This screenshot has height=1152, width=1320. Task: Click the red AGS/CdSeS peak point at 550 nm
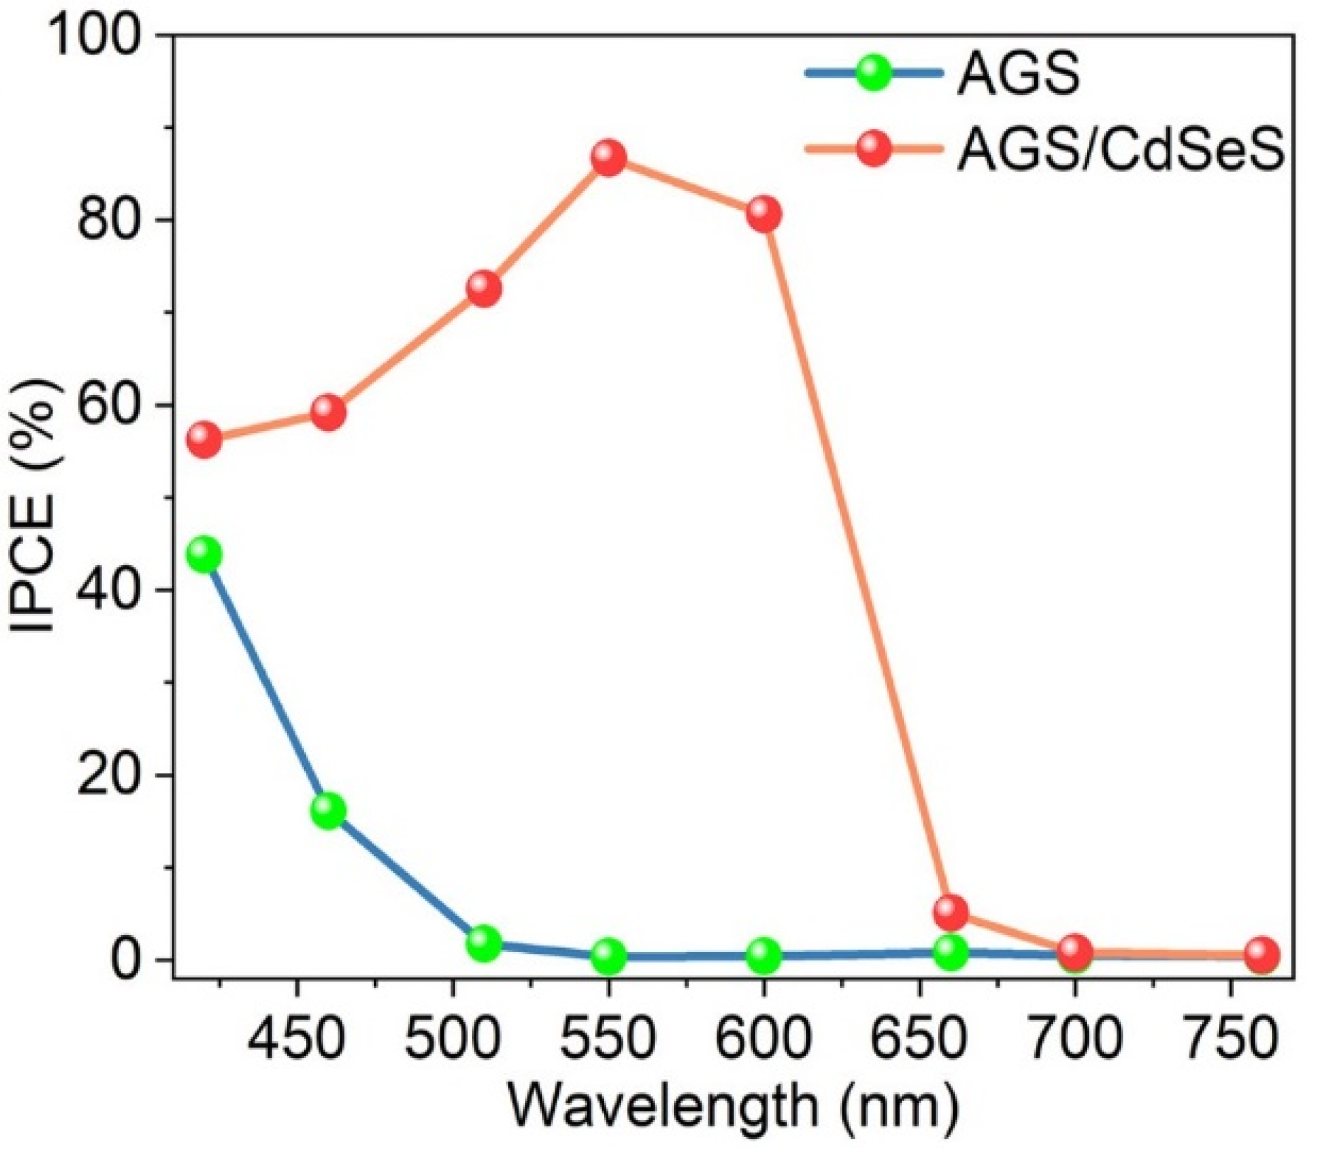[608, 158]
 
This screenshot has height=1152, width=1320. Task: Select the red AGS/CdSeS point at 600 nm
[763, 214]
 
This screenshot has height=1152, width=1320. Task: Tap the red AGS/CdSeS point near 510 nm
[484, 288]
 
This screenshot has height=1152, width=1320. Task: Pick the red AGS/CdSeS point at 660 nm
[950, 912]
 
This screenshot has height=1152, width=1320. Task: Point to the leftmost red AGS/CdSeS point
[204, 440]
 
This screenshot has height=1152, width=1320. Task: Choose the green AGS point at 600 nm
[763, 955]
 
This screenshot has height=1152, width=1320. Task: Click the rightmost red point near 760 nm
[1262, 954]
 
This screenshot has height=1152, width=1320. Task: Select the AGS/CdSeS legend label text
[1120, 151]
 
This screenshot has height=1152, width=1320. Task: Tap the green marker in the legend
[874, 73]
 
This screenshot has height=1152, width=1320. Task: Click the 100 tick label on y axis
[95, 35]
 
